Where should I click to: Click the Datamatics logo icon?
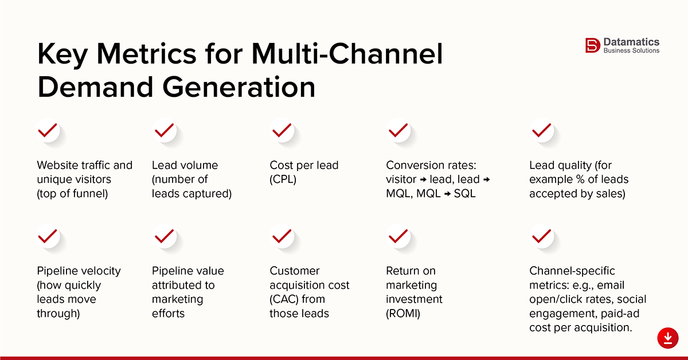(x=592, y=45)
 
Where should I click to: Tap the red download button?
(x=667, y=338)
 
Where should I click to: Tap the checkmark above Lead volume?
(x=165, y=131)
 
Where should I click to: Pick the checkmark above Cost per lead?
(x=282, y=131)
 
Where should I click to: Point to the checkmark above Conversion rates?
(x=398, y=131)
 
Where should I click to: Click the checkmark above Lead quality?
(x=541, y=131)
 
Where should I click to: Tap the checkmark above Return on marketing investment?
(x=398, y=236)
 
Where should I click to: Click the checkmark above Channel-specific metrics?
(x=541, y=236)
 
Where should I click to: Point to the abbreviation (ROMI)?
(x=403, y=314)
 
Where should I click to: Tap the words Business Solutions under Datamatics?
(x=631, y=51)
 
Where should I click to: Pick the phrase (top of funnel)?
(x=72, y=194)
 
